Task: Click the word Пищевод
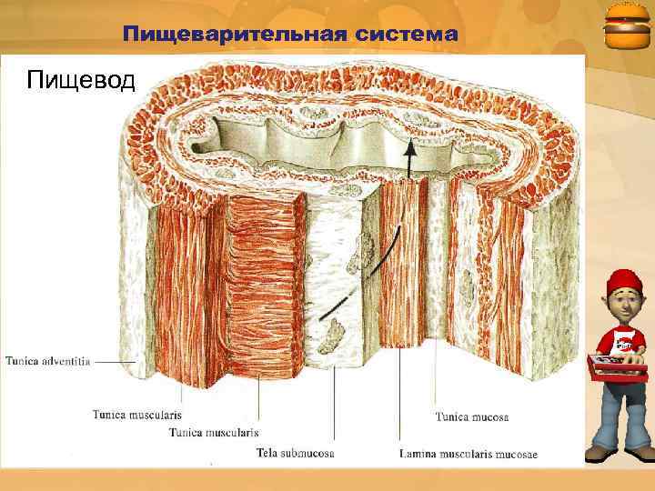pos(81,80)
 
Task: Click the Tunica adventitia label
pos(47,361)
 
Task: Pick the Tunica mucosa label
pos(471,417)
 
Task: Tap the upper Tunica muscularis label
pos(136,415)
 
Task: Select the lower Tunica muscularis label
pos(214,432)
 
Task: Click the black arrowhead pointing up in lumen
pos(409,146)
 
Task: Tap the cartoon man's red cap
pos(622,282)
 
